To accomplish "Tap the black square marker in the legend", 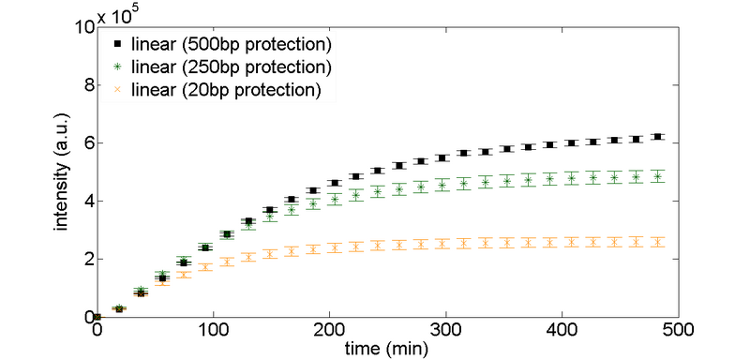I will (x=117, y=45).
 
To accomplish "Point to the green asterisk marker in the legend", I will (x=117, y=67).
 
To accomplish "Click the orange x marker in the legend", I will (x=117, y=90).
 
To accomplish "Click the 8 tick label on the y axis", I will (x=86, y=85).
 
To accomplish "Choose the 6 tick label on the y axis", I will (x=86, y=143).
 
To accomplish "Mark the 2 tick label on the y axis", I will (x=86, y=259).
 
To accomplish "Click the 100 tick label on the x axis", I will (x=212, y=330).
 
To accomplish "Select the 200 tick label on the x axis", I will (x=328, y=330).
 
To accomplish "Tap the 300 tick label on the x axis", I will (x=444, y=330).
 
